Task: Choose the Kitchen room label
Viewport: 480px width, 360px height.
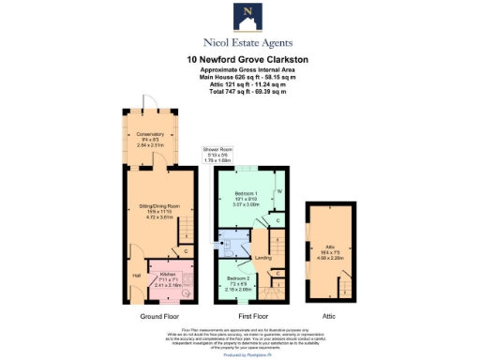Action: point(169,278)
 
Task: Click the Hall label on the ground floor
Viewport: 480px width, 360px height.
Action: point(137,276)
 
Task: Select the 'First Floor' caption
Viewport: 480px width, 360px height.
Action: point(251,318)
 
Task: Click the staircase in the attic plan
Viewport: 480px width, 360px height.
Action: point(343,282)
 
